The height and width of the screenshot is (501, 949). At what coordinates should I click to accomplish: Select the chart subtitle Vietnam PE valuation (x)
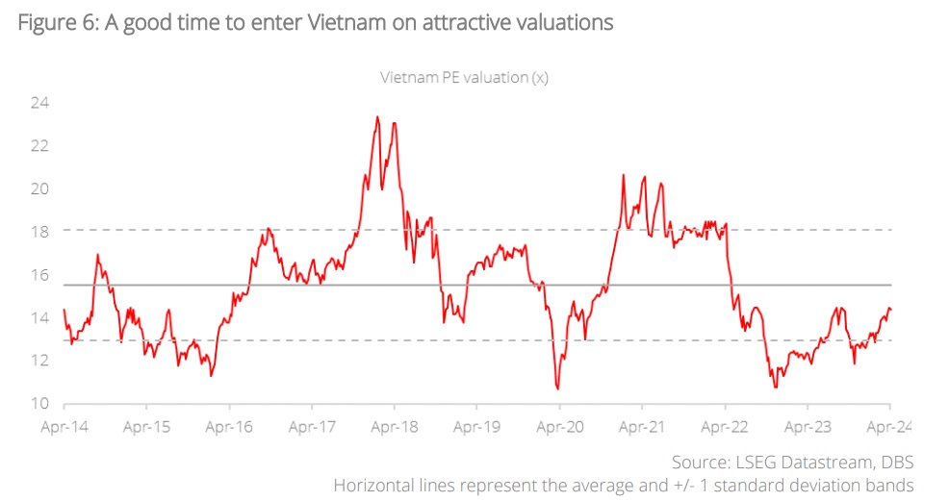[x=465, y=78]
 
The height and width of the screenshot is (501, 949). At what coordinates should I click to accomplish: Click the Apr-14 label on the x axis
[x=63, y=426]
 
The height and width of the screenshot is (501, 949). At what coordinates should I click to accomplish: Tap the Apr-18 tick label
[x=393, y=426]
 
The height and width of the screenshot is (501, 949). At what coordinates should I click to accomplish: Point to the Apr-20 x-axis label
[x=558, y=426]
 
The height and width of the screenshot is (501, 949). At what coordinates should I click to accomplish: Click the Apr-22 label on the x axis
[x=724, y=426]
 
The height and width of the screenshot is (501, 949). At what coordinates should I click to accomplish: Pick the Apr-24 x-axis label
[x=887, y=426]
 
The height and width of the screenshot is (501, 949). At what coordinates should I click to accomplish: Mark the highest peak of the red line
[x=377, y=117]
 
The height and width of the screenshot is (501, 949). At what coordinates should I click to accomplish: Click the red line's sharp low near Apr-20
[x=557, y=388]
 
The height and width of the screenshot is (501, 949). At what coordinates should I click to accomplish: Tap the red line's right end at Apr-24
[x=890, y=309]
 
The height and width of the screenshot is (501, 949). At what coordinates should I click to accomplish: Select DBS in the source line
[x=894, y=463]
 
